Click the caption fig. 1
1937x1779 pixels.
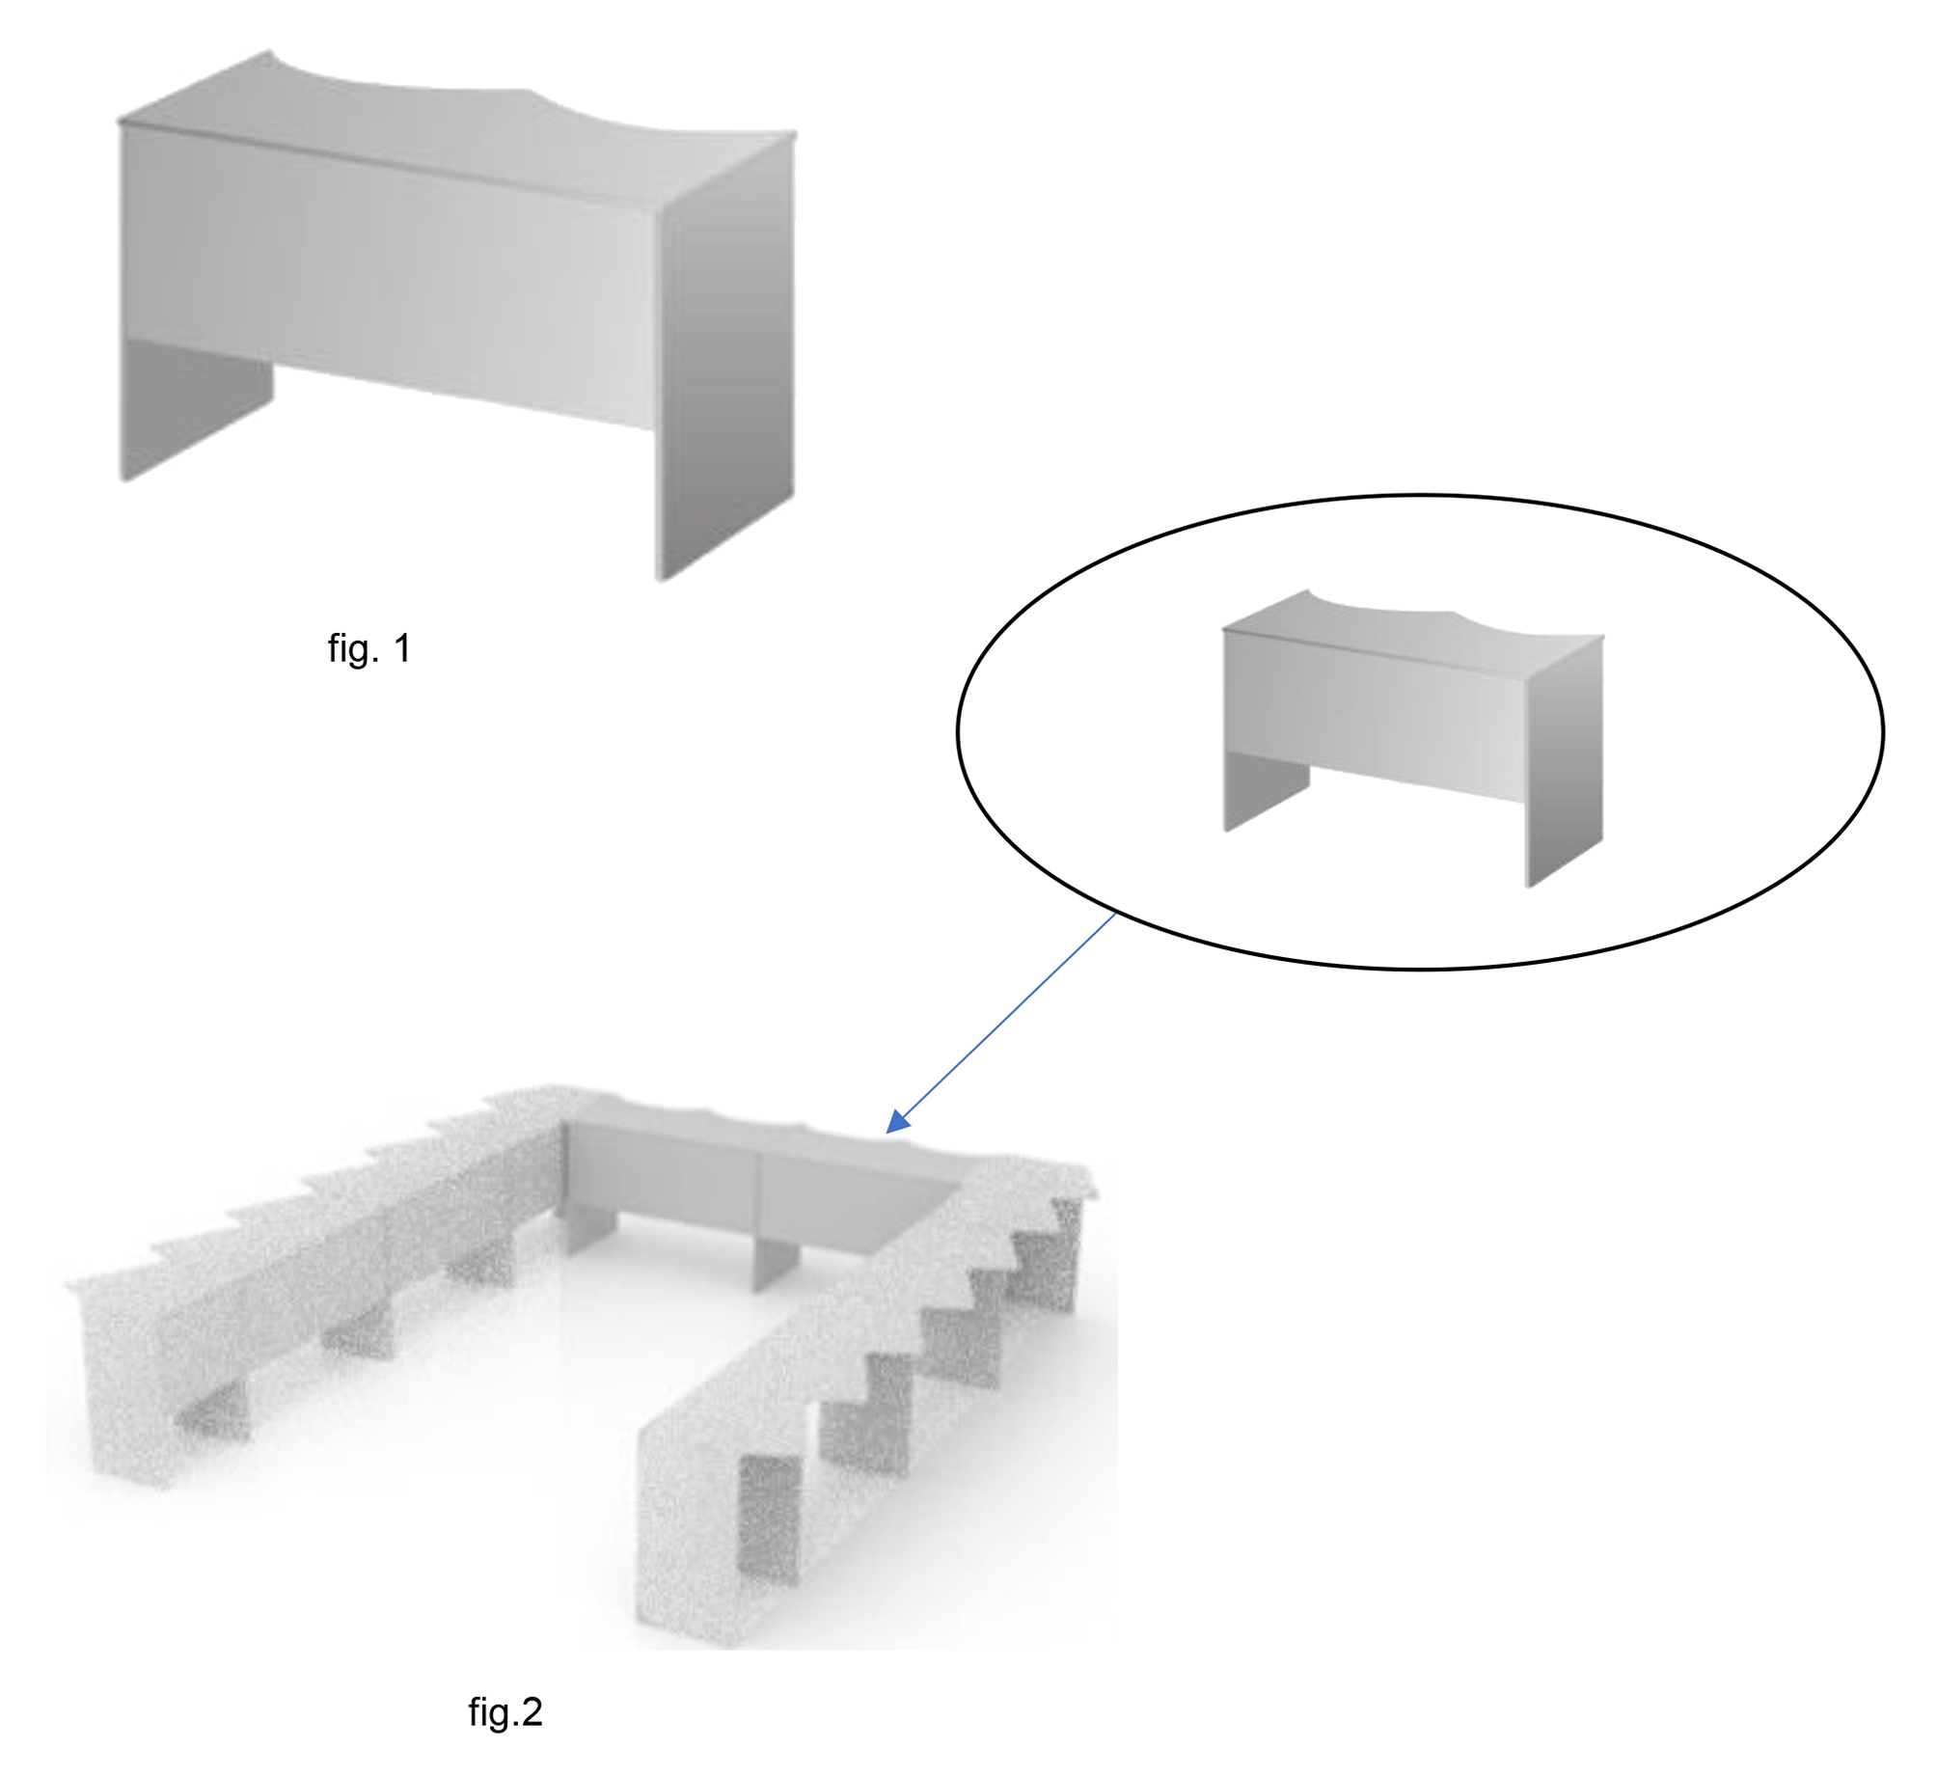[369, 648]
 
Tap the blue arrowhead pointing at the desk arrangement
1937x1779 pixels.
[897, 1122]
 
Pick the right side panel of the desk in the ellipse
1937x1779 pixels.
[1565, 762]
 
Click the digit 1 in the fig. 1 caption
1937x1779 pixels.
[402, 648]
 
